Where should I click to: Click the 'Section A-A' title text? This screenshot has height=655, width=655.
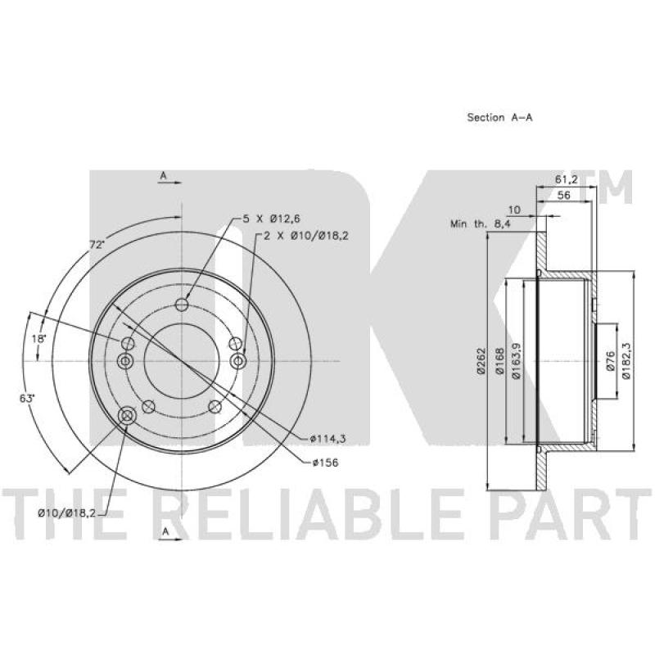click(499, 117)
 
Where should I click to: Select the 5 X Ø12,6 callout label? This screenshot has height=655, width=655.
click(272, 218)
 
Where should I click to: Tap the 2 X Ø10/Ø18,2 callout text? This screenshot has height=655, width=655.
click(306, 236)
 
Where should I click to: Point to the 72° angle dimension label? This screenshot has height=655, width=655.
click(97, 245)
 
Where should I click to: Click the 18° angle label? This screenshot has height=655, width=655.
click(38, 338)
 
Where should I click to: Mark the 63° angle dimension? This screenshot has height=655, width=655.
click(26, 398)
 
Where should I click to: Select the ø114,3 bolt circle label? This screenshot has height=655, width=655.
click(328, 439)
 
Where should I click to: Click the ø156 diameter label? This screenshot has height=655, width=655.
click(325, 463)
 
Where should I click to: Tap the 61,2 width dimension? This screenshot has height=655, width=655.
click(566, 179)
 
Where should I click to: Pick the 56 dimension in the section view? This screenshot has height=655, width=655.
click(563, 195)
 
